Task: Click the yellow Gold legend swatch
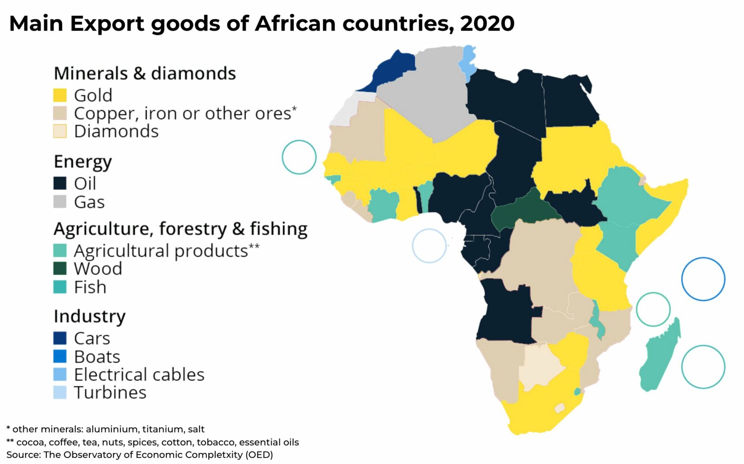pos(60,95)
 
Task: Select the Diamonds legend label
pos(116,131)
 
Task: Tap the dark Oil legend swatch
pos(60,183)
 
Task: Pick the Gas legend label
pos(89,202)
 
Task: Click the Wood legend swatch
pos(60,268)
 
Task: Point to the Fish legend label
pos(90,287)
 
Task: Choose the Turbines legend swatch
pos(60,392)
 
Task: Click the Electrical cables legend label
pos(139,374)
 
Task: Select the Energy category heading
pos(83,162)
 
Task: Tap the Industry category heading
pos(89,316)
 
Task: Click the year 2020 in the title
pos(487,23)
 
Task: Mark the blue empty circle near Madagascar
pos(703,279)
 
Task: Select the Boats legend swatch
pos(60,356)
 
